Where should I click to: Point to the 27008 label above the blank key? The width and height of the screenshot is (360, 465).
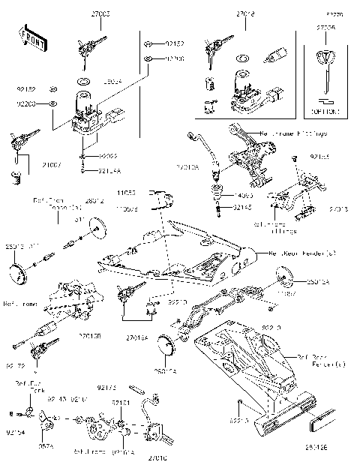coord(325,28)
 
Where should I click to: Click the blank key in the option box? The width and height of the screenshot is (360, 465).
coord(325,67)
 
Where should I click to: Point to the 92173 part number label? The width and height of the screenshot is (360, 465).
coord(107,388)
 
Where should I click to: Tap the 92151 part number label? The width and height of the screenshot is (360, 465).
coord(121,403)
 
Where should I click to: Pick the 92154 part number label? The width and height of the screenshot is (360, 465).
coord(16,433)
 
